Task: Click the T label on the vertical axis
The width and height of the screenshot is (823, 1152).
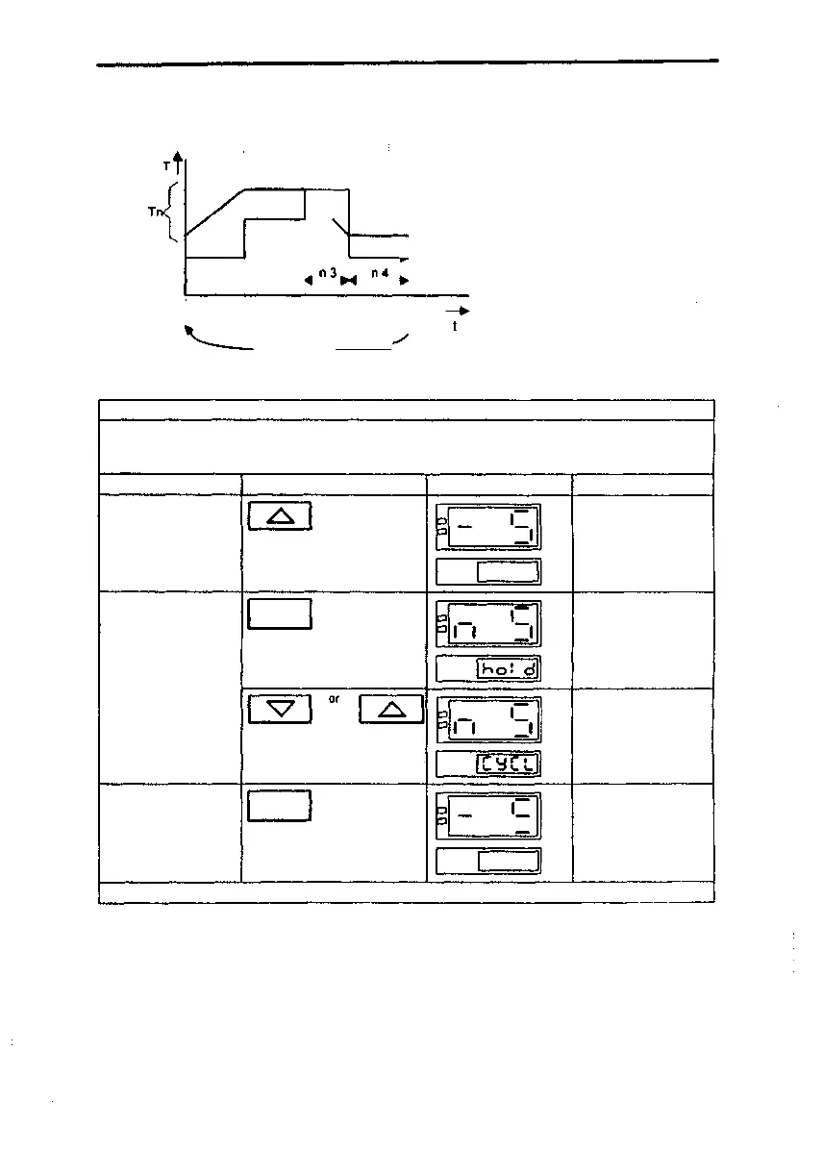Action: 167,166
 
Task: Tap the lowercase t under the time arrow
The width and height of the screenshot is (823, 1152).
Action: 456,327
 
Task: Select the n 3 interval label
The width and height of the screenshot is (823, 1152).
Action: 326,274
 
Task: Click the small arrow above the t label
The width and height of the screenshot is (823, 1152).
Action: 458,311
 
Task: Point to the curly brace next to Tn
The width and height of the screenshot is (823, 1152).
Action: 173,213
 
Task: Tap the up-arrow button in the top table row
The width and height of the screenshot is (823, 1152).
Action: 280,516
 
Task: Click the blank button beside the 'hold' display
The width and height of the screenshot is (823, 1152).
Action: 280,613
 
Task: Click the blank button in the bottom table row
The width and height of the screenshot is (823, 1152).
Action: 280,806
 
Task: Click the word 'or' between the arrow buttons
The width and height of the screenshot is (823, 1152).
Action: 334,699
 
